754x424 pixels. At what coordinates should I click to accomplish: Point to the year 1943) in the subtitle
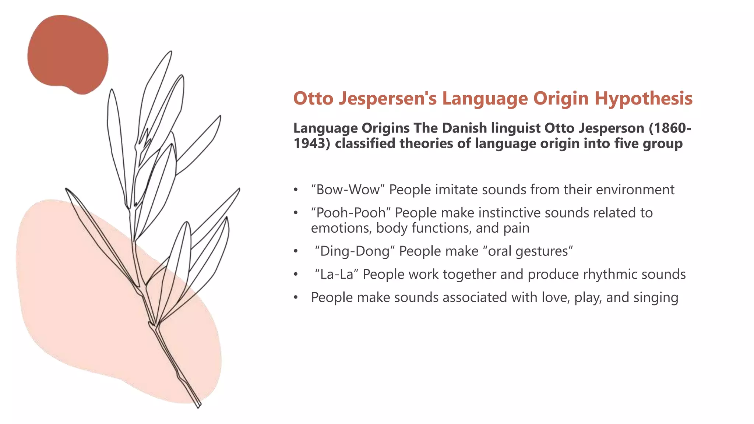pyautogui.click(x=312, y=144)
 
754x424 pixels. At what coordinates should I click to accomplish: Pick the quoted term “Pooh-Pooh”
pyautogui.click(x=350, y=213)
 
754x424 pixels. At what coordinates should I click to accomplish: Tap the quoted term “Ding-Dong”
pyautogui.click(x=355, y=251)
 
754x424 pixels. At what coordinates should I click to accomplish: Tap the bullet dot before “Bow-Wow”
pyautogui.click(x=295, y=190)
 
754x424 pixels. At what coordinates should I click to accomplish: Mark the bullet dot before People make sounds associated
pyautogui.click(x=295, y=298)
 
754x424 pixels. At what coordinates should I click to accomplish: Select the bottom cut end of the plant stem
pyautogui.click(x=198, y=405)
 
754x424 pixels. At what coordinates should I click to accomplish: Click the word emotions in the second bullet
pyautogui.click(x=341, y=228)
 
